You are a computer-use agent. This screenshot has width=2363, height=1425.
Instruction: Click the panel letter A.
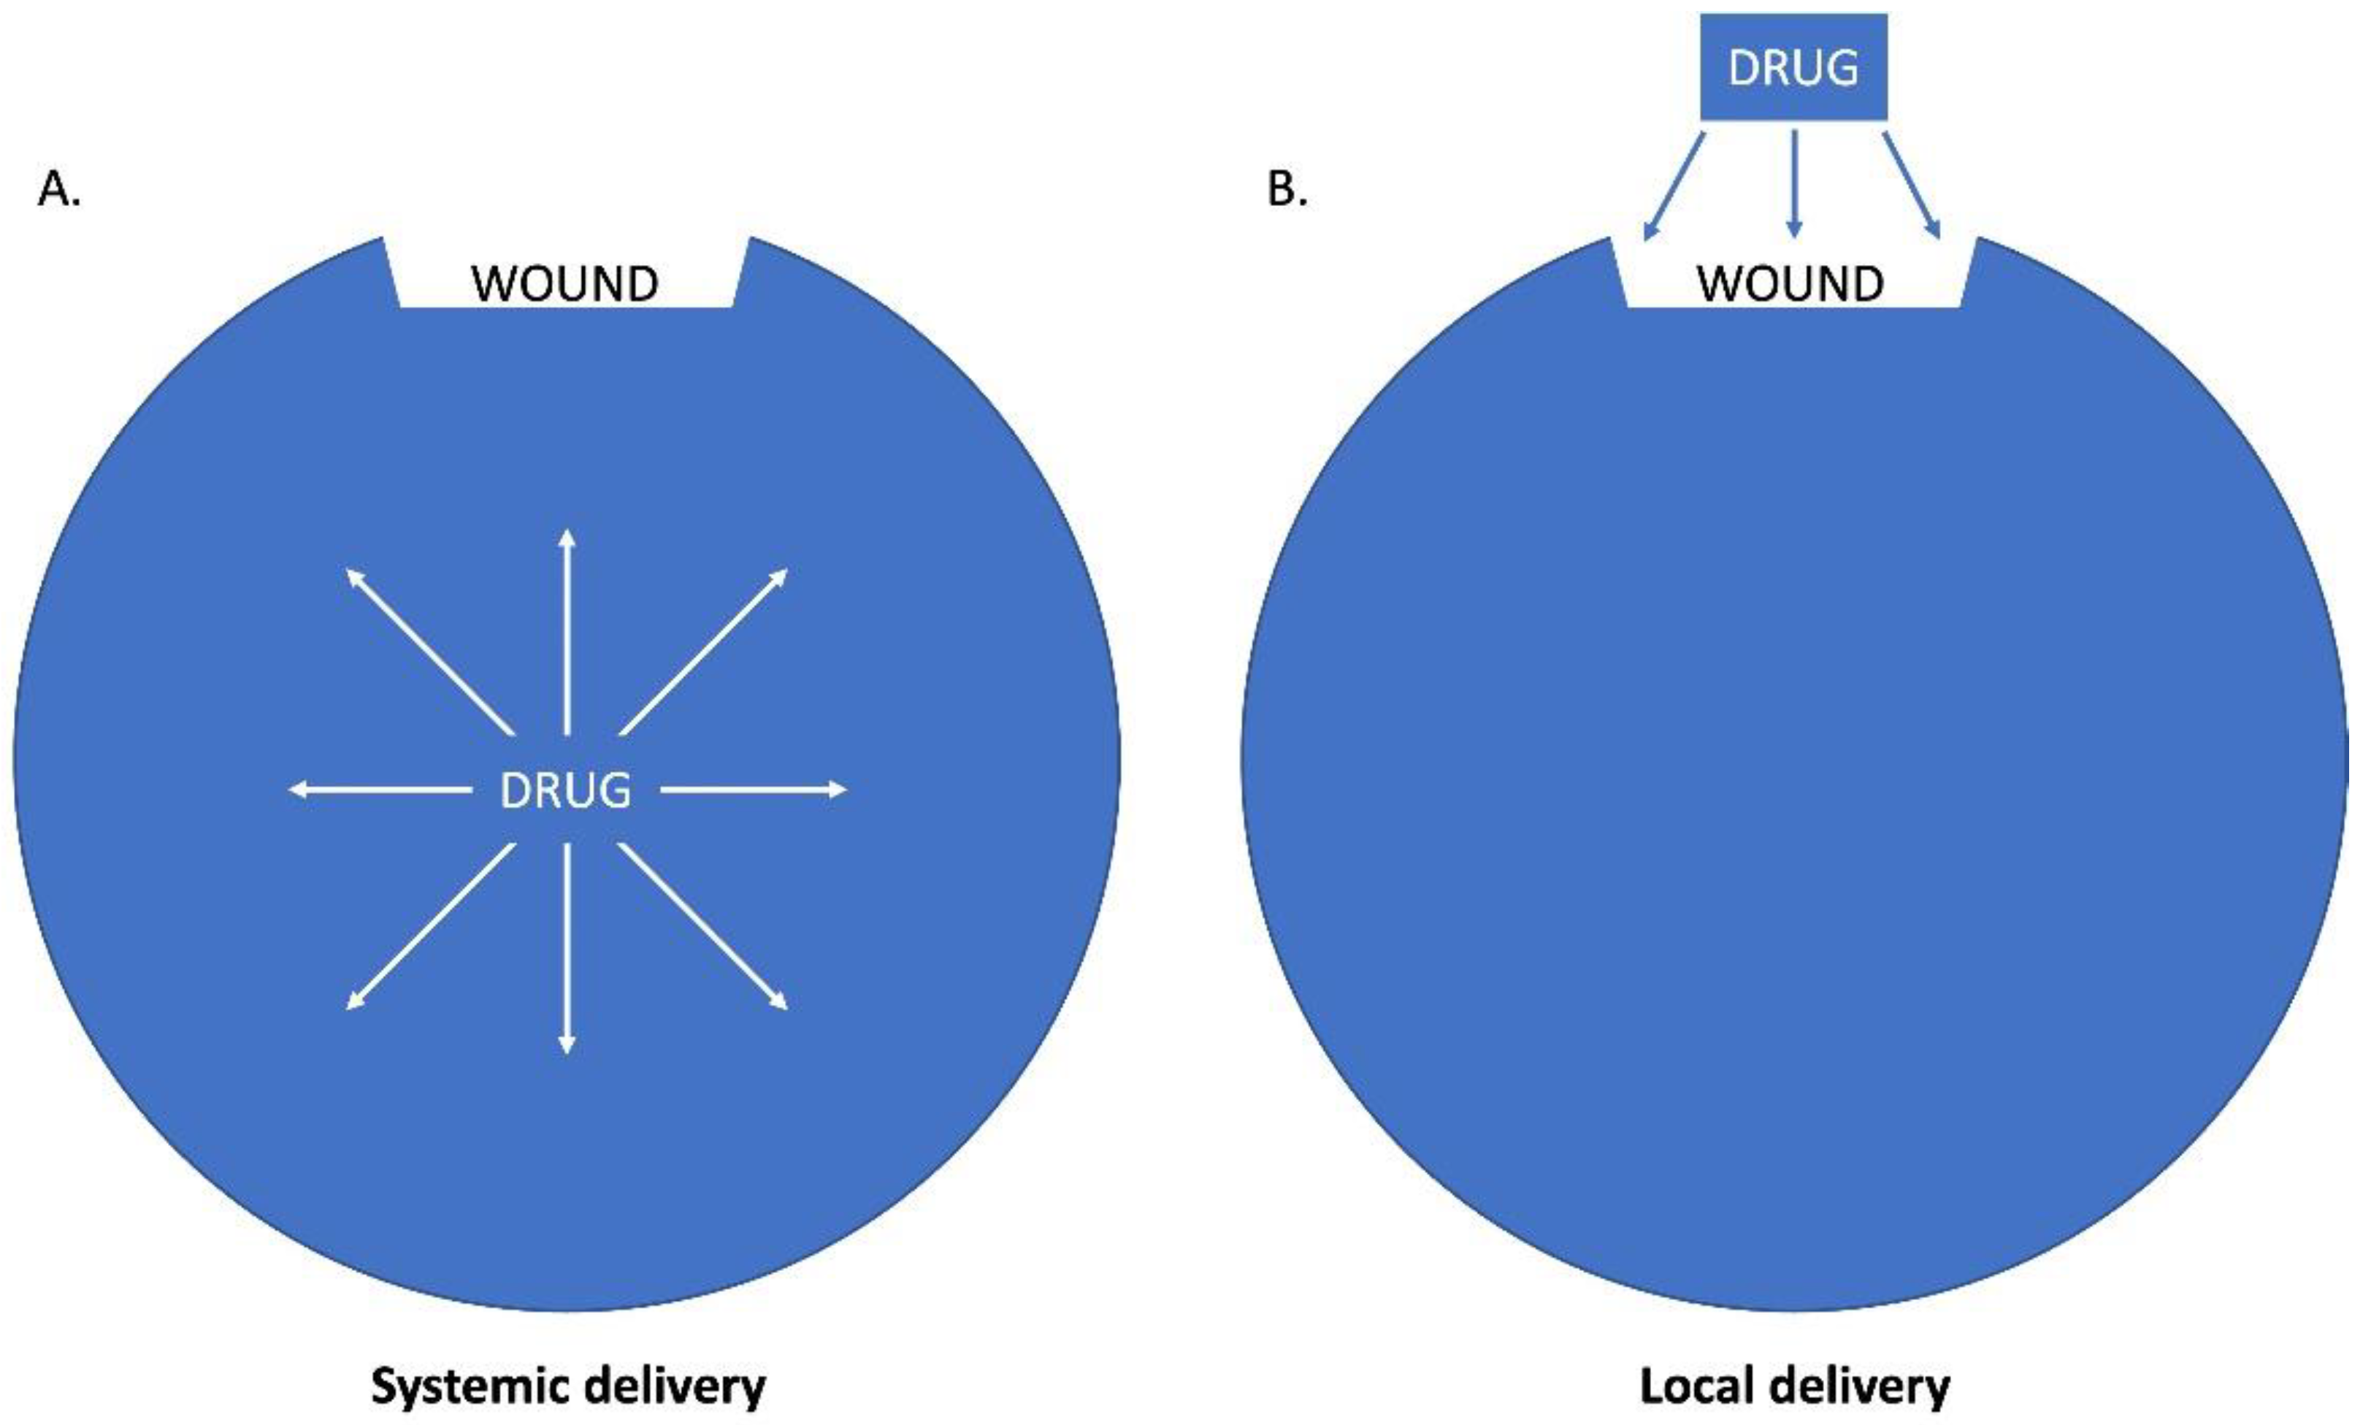(x=58, y=190)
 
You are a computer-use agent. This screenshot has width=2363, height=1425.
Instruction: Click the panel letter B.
(x=1286, y=190)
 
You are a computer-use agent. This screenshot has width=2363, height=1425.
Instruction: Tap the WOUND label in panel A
(x=565, y=284)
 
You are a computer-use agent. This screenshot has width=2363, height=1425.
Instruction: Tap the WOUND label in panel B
(x=1791, y=284)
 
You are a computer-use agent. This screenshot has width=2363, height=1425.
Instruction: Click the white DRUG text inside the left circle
(x=566, y=790)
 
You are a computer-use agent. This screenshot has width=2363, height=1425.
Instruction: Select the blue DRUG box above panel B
(x=1793, y=67)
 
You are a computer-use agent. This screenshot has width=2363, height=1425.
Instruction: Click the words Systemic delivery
(x=567, y=1386)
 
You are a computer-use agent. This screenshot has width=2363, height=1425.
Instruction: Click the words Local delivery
(x=1794, y=1386)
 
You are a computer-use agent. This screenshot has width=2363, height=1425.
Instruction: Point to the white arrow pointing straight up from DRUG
(x=567, y=633)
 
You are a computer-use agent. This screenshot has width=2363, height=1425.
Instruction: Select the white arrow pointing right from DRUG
(x=754, y=790)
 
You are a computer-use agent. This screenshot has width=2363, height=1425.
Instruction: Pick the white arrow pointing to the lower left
(x=429, y=926)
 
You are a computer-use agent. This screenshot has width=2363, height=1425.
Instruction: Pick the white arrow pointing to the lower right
(x=704, y=926)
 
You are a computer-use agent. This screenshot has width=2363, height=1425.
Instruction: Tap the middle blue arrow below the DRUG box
(x=1793, y=184)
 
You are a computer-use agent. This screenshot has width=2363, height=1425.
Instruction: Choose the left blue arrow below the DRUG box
(x=1674, y=186)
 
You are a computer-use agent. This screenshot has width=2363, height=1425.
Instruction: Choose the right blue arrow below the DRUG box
(x=1911, y=186)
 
